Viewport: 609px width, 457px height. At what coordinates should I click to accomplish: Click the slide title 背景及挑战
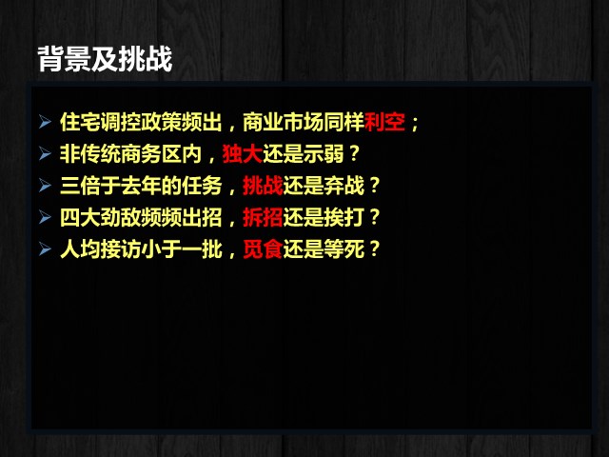[105, 59]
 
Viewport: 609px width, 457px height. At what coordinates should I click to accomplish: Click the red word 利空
[384, 122]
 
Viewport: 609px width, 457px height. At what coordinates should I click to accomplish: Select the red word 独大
[243, 154]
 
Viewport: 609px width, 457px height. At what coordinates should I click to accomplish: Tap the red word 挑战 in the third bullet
[263, 186]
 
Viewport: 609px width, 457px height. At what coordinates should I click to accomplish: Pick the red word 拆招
[263, 217]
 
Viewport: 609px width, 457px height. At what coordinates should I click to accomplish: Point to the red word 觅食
[263, 249]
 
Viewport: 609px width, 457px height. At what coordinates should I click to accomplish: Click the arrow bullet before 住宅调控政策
[45, 122]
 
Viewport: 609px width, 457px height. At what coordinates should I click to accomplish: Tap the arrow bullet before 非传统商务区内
[45, 154]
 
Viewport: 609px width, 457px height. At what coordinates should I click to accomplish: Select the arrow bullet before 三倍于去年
[45, 186]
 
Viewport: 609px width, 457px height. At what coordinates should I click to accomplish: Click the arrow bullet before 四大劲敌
[45, 217]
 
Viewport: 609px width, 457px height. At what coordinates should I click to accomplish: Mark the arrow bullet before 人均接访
[45, 249]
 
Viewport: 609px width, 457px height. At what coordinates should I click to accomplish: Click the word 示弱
[324, 154]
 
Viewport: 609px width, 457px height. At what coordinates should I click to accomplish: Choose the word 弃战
[344, 186]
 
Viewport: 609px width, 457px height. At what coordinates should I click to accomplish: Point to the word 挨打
[344, 217]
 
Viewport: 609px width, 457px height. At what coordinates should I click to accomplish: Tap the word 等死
[344, 249]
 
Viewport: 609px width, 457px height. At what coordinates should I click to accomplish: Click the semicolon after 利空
[415, 124]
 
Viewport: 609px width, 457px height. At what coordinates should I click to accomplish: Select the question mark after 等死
[374, 248]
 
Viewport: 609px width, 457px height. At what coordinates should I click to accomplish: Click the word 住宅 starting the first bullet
[80, 122]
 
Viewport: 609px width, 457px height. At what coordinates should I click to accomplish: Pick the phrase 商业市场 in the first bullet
[284, 122]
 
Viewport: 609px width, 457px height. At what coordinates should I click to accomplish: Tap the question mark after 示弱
[354, 153]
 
